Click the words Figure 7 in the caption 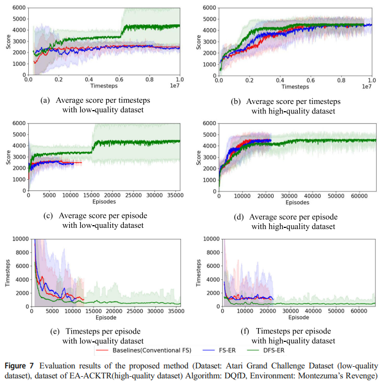click(21, 366)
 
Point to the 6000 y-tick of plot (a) click(19, 8)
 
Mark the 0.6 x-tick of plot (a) click(119, 80)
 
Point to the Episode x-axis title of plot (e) click(103, 318)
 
